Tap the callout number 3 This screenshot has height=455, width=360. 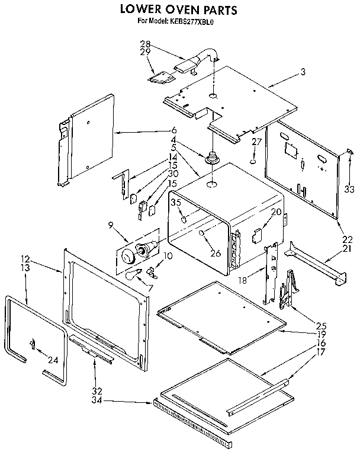coord(303,72)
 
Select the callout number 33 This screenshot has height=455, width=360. coord(349,189)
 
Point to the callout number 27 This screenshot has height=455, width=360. coord(256,142)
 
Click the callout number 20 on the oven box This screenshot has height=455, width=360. coord(276,212)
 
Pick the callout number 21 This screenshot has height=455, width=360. coord(346,249)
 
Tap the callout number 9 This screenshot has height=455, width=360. coord(110,225)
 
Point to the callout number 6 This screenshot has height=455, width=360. coord(174,130)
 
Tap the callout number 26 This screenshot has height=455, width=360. coord(215,253)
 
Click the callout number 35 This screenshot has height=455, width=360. coord(175,203)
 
